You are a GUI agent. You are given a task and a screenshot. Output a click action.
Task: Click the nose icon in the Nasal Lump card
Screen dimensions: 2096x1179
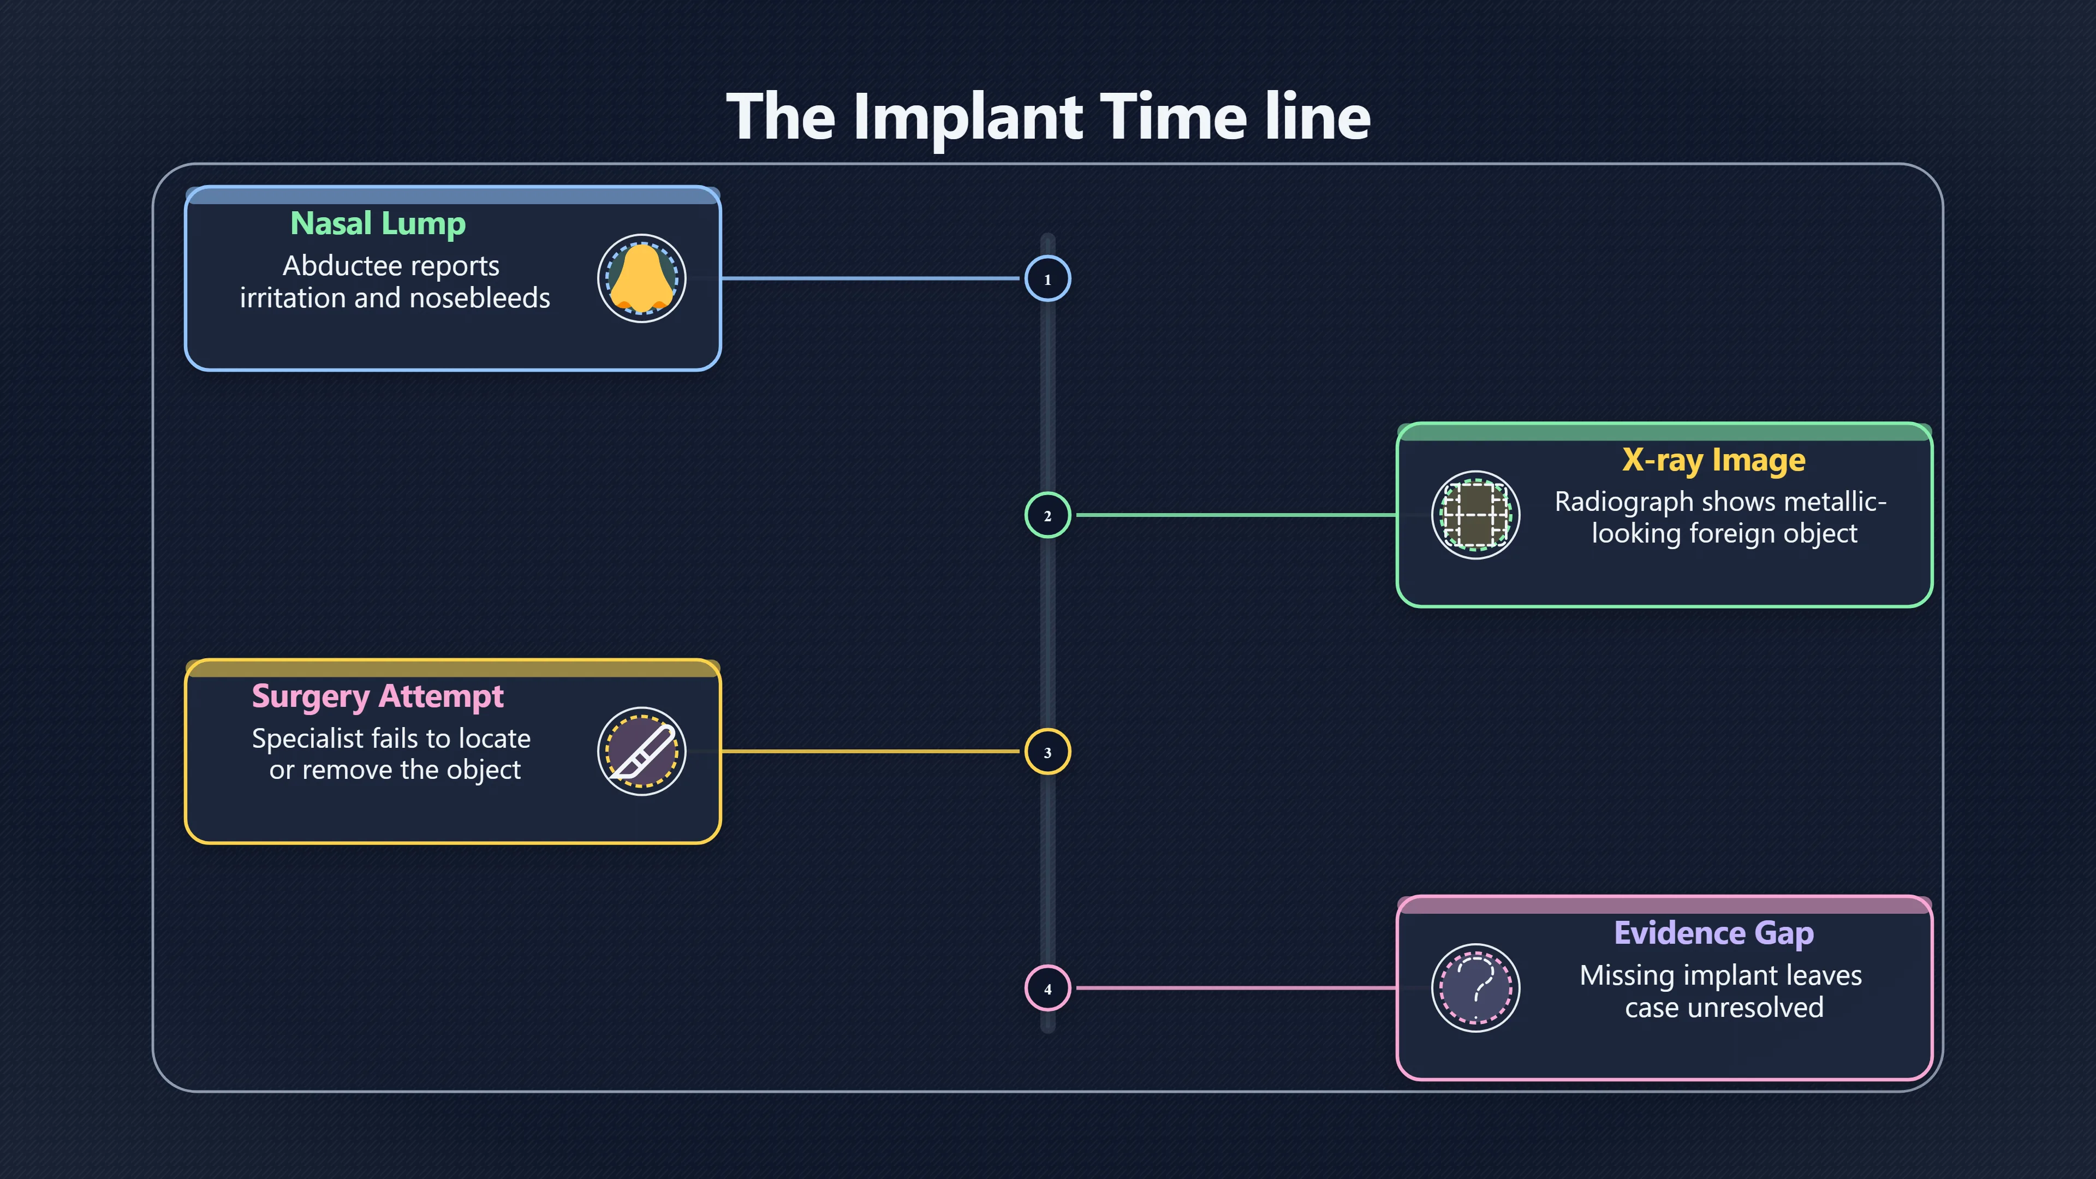[x=641, y=278]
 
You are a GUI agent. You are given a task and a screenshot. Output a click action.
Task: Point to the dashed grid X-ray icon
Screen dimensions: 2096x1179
[x=1475, y=515]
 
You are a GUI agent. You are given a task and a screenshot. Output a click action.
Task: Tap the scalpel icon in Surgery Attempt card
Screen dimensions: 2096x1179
[x=641, y=751]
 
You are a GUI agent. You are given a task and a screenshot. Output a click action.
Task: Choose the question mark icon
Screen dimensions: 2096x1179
[x=1475, y=988]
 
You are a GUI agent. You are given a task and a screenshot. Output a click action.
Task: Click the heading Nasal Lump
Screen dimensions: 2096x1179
[x=378, y=224]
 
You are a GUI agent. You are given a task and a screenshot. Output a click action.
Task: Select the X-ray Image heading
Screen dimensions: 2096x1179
[x=1713, y=461]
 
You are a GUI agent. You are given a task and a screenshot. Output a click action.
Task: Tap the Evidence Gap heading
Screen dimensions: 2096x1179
[x=1713, y=933]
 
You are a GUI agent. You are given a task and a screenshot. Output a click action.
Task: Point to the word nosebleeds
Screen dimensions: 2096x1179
[x=479, y=298]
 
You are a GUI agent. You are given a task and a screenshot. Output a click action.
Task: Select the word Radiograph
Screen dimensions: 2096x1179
[x=1624, y=503]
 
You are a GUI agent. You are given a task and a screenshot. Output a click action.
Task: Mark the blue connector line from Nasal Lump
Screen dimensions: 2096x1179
[x=871, y=278]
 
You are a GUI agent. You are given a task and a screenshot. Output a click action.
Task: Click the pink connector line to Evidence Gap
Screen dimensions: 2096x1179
[x=1237, y=988]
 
